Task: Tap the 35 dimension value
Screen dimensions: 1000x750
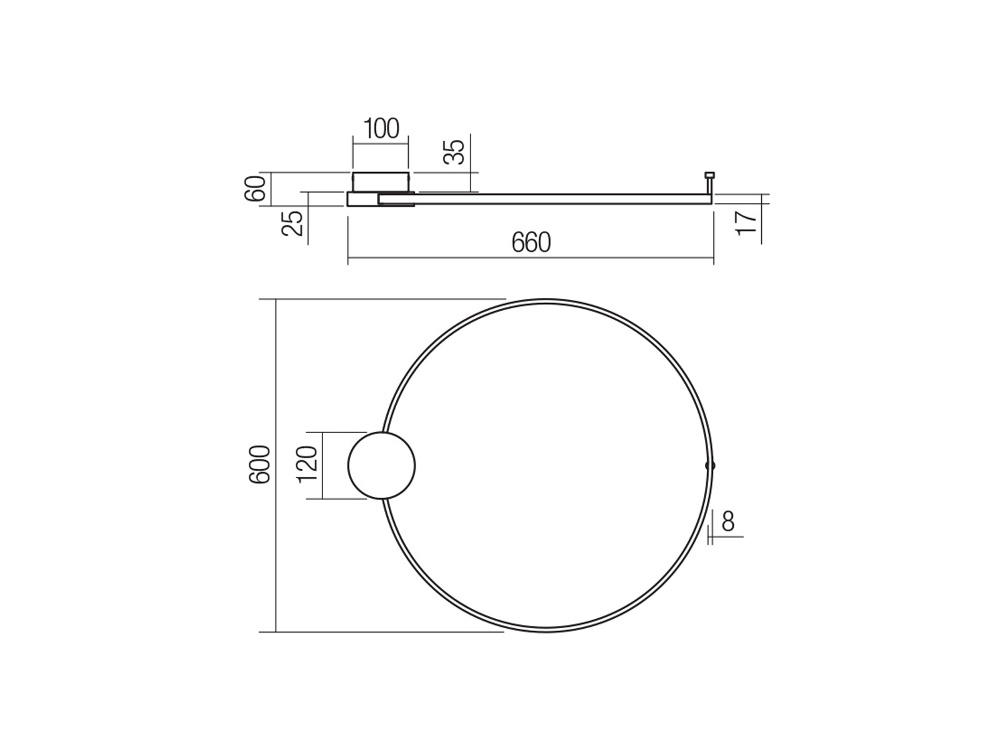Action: point(454,152)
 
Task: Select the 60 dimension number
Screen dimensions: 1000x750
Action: point(255,189)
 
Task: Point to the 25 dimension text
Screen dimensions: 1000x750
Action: point(292,223)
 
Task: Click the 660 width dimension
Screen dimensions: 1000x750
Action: point(531,242)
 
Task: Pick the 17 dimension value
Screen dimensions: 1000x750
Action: point(747,223)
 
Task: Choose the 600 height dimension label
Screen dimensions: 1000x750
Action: point(260,464)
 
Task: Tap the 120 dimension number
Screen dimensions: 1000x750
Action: point(307,464)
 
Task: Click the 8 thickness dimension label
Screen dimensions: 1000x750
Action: point(728,521)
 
